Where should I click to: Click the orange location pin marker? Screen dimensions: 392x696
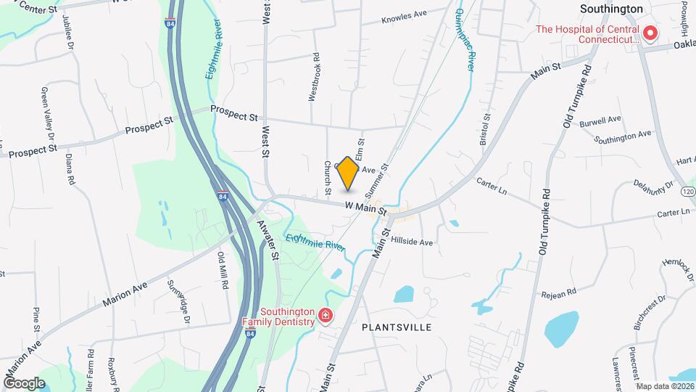[x=347, y=173]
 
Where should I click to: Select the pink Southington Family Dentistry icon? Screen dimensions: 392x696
[x=326, y=315]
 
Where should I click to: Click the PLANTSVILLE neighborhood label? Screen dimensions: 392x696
[x=397, y=327]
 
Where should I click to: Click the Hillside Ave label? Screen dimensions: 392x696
[x=411, y=241]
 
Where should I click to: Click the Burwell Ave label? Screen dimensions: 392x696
[x=600, y=120]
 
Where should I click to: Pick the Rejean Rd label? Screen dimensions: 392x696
[x=558, y=293]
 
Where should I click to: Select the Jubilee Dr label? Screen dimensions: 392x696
[x=69, y=31]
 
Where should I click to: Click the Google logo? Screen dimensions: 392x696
[x=24, y=383]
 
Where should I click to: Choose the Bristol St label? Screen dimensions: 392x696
[x=485, y=129]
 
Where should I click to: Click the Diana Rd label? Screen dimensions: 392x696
[x=70, y=168]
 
